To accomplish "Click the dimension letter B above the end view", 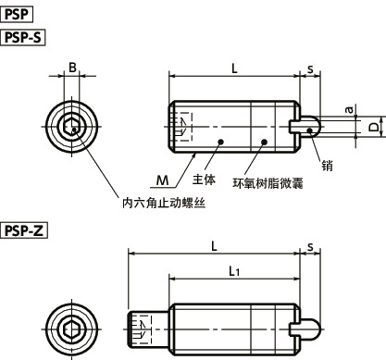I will pos(71,67).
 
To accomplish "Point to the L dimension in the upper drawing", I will pos(233,68).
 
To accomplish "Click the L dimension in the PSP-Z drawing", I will pos(214,245).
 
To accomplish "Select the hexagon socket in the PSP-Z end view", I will pos(71,329).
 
